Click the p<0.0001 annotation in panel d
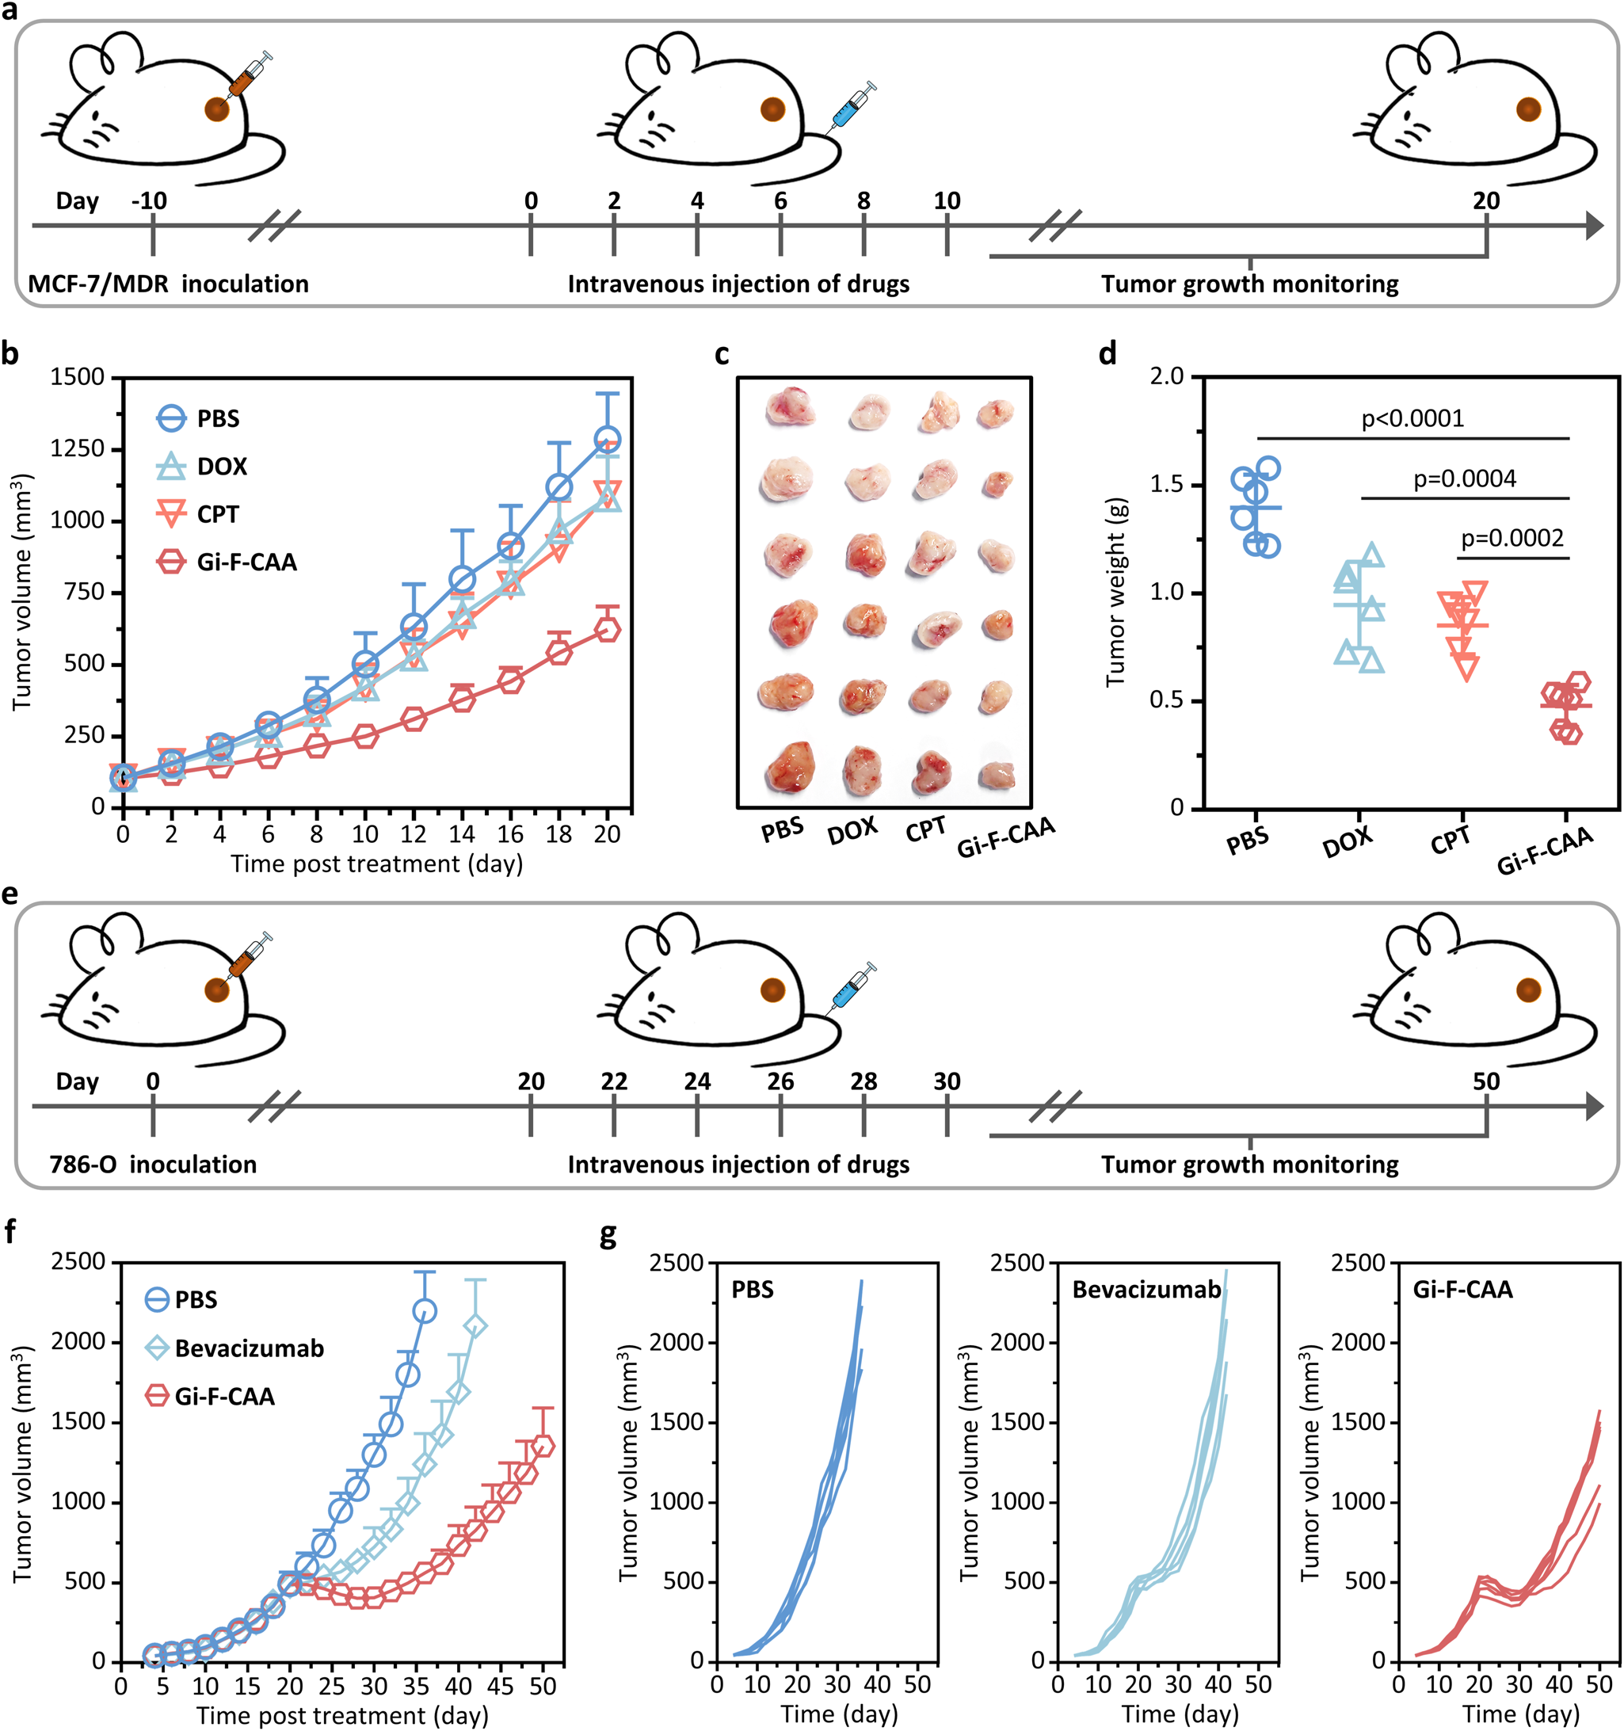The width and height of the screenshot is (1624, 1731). click(x=1412, y=420)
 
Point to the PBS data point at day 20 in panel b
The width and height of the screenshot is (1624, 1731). click(x=608, y=439)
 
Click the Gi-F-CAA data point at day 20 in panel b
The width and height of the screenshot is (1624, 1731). click(x=608, y=629)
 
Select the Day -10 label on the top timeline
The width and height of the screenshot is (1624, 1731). click(x=149, y=201)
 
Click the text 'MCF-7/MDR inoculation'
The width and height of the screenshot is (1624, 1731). click(x=168, y=284)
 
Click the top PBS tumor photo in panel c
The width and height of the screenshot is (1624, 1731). click(x=789, y=406)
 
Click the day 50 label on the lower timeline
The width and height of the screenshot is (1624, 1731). click(x=1486, y=1081)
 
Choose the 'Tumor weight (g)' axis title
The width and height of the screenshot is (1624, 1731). click(x=1115, y=593)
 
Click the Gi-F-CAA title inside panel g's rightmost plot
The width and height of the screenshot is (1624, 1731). click(x=1463, y=1290)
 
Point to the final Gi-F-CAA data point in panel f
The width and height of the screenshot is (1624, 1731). click(x=542, y=1447)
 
